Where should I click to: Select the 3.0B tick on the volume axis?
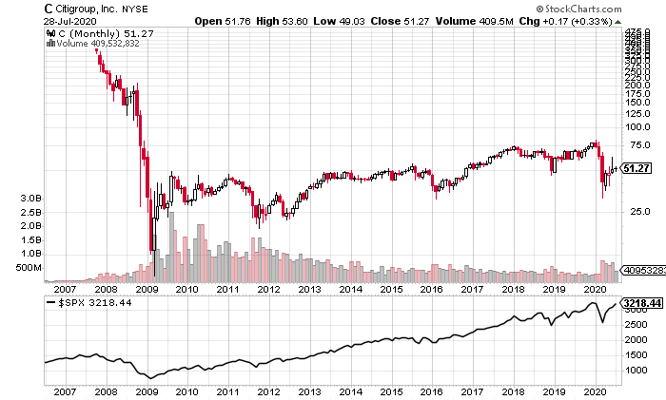(29, 198)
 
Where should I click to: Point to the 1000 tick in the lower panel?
(635, 369)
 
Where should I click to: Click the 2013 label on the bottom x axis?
(309, 390)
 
